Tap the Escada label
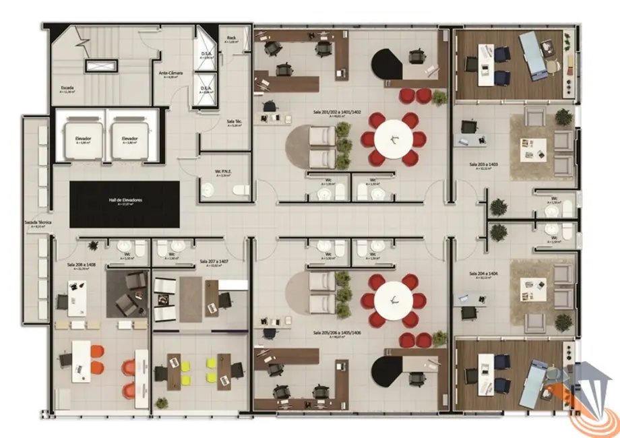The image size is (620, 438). click(x=67, y=88)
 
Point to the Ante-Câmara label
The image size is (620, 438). click(x=167, y=74)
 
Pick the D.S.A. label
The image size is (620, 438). click(x=207, y=55)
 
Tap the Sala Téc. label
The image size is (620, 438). click(x=234, y=123)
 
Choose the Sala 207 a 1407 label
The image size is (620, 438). click(x=214, y=261)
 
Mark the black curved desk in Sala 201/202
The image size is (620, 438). click(x=389, y=65)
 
